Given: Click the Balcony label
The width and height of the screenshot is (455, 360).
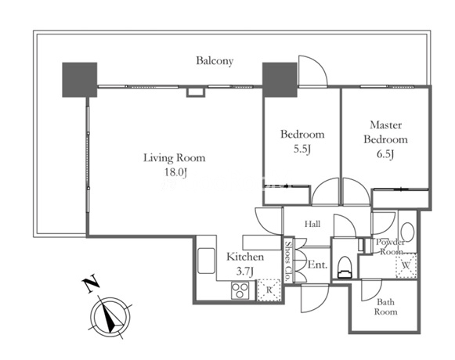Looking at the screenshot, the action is (215, 61).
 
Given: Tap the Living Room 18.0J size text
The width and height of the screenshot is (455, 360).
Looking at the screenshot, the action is (175, 172).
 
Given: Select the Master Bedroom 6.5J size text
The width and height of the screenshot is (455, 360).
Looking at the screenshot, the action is (385, 154).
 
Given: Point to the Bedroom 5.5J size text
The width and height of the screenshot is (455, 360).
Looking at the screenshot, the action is (302, 149).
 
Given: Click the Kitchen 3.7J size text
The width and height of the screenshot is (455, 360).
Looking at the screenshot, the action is (245, 272).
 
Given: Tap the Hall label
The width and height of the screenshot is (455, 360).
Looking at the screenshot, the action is (312, 224).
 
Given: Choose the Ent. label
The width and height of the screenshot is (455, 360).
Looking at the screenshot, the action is (317, 265).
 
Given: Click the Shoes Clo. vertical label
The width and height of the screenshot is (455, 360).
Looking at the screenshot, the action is (288, 260).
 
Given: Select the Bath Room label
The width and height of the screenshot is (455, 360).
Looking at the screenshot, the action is (385, 307).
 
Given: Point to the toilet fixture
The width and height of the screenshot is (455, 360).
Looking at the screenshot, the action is (345, 267).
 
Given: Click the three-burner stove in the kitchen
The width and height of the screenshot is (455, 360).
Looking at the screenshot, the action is (240, 290).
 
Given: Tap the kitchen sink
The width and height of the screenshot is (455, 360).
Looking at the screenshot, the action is (206, 261).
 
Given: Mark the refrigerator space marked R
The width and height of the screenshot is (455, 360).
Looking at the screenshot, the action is (269, 290).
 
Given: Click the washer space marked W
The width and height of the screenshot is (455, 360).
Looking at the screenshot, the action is (406, 265).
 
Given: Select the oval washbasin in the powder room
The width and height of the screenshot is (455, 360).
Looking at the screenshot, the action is (407, 232).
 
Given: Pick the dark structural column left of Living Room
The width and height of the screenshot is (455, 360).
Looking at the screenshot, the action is (80, 80).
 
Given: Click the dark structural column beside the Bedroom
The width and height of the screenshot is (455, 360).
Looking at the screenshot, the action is (280, 80).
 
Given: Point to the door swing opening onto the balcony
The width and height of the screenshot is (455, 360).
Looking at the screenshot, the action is (313, 71).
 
